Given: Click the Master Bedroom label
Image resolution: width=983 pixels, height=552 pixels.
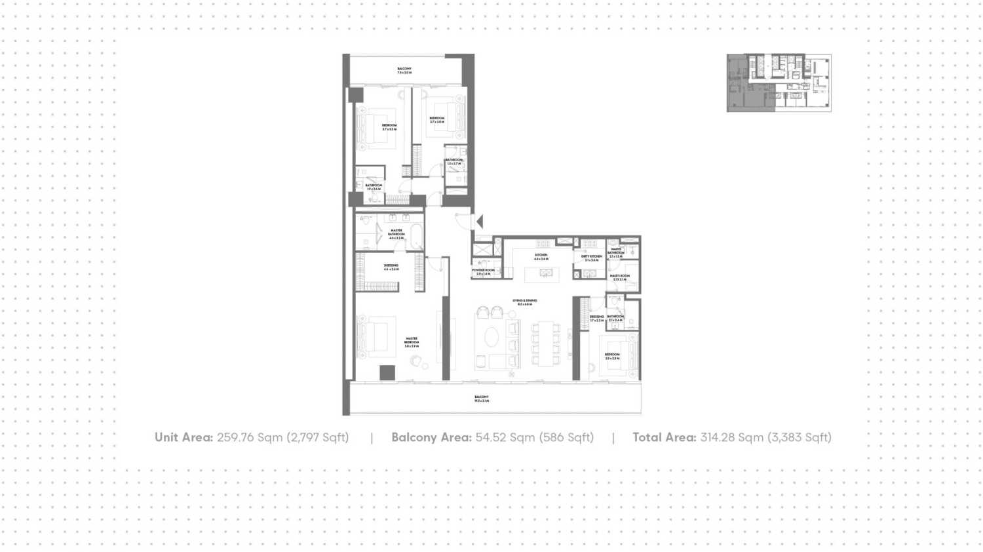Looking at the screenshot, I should click(412, 342).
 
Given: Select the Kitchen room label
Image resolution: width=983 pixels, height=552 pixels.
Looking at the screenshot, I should click(541, 256).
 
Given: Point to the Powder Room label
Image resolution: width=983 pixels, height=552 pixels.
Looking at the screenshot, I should click(484, 271).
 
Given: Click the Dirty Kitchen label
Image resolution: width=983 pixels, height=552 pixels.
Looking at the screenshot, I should click(591, 258).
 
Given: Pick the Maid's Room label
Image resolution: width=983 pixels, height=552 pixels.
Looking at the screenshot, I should click(619, 277).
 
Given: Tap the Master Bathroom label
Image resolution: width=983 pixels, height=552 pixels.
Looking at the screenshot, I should click(396, 234).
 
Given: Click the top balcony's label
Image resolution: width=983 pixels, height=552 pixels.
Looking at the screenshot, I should click(404, 70).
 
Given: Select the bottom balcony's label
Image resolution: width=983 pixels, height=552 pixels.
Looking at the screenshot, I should click(482, 399).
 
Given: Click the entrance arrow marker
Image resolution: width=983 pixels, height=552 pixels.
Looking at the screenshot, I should click(480, 222).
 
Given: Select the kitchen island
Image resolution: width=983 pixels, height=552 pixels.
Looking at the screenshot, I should click(542, 274).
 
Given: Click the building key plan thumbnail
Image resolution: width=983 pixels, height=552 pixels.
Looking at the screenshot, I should click(779, 83).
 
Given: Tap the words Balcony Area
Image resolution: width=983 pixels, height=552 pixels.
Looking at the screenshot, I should click(431, 437).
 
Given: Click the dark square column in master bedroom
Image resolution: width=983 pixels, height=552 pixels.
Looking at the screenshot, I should click(387, 373).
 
